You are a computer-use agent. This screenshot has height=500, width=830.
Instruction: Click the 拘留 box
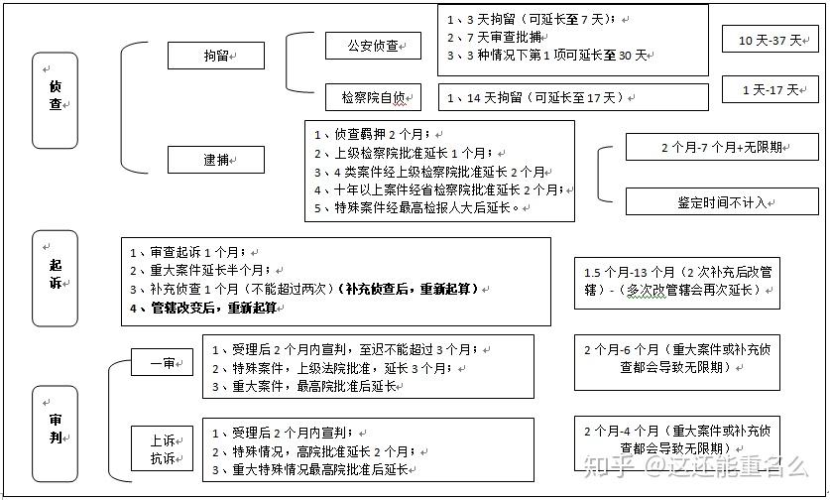[x=215, y=56]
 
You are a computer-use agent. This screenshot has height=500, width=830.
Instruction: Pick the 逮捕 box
[x=215, y=160]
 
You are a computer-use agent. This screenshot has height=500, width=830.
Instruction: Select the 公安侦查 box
[x=373, y=46]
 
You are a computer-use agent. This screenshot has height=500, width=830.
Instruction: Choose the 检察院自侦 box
[x=373, y=97]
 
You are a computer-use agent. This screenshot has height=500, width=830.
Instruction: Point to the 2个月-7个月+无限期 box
[x=721, y=147]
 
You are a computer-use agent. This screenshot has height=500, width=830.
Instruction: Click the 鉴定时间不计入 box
[x=721, y=201]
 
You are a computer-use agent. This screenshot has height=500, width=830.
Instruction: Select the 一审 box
[x=164, y=364]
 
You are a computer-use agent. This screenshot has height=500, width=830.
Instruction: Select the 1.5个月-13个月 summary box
[x=677, y=282]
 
